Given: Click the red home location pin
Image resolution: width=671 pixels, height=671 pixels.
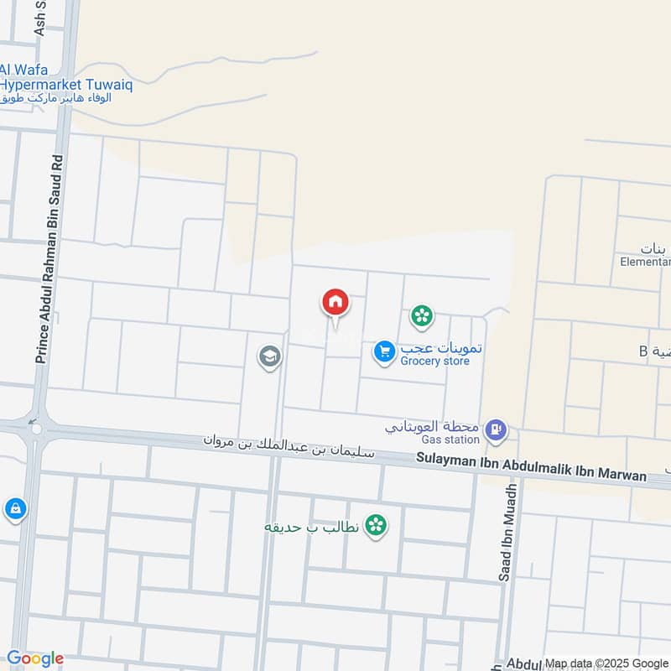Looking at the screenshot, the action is click(335, 303).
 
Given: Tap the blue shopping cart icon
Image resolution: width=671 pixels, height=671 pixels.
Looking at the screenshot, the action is click(384, 352).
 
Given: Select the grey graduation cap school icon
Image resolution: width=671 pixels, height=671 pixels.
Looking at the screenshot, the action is click(269, 357).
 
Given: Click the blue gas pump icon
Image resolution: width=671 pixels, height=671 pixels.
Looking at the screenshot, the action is click(496, 430).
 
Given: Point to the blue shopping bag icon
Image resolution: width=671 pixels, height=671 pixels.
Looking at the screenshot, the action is click(15, 508).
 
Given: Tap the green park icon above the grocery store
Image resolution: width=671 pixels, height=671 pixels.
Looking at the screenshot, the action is click(421, 316).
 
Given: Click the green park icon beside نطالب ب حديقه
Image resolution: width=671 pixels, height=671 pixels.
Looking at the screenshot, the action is click(377, 526).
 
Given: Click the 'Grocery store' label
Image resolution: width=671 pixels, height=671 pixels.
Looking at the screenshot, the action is click(434, 362).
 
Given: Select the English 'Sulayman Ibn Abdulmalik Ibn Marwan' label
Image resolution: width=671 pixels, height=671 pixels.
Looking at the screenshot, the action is click(533, 467).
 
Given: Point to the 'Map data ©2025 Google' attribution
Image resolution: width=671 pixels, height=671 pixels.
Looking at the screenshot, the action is click(606, 663).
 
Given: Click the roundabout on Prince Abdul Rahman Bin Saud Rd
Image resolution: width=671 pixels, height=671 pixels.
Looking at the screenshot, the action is click(36, 429).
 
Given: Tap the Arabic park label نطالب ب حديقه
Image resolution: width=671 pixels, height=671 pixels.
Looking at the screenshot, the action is click(312, 527).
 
